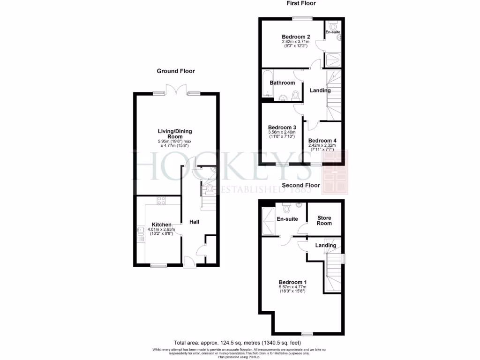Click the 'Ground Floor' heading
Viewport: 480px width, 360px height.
(175, 71)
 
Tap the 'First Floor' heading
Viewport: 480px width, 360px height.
(301, 3)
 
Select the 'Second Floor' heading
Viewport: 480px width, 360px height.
(301, 186)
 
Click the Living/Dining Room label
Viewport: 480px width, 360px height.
(174, 134)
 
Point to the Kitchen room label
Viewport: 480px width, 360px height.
(161, 225)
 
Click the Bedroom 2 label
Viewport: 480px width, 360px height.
(296, 37)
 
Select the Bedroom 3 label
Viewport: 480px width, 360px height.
(282, 127)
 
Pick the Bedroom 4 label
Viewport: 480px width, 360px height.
(322, 141)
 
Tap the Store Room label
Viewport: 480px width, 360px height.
(324, 220)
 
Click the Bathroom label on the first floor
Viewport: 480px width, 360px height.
(282, 82)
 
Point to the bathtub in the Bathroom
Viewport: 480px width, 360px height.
(267, 85)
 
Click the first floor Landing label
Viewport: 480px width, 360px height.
(320, 90)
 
